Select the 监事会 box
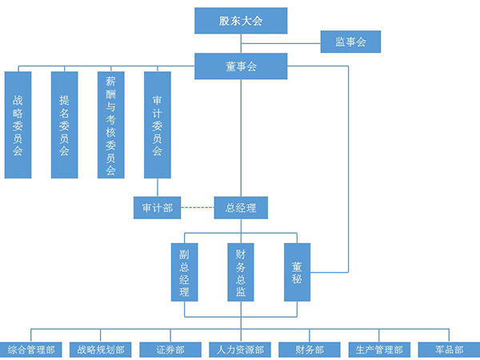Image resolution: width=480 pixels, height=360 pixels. point(350,42)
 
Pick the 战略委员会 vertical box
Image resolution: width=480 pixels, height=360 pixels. point(18,125)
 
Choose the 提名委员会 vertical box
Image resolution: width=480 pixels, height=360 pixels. point(65,125)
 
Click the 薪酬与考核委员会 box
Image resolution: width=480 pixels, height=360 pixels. point(111,125)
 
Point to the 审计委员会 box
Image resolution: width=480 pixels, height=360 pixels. point(158,125)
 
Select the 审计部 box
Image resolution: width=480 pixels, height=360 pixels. point(157,208)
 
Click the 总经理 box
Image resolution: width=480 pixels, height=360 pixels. point(241,208)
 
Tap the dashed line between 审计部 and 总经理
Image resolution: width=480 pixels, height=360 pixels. point(197,208)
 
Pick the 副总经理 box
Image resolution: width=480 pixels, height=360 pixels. point(184,272)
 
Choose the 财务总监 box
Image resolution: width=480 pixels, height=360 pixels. point(241,272)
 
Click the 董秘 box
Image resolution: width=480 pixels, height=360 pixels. point(297,272)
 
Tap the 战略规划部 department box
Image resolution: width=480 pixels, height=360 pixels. point(101,350)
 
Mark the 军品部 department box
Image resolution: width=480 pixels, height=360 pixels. point(449,350)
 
